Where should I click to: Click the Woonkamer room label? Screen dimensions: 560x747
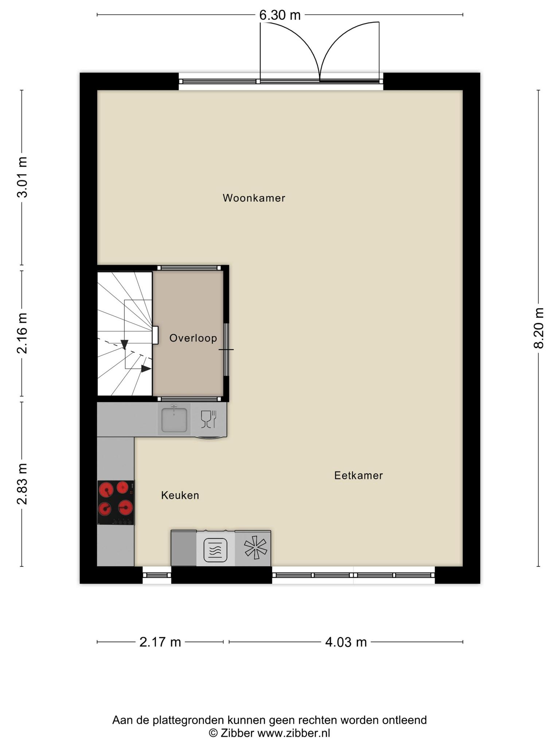click(x=254, y=198)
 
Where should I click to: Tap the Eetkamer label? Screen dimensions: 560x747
click(x=358, y=476)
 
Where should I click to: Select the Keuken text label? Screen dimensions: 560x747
click(x=180, y=495)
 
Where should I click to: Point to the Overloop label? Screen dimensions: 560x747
click(x=193, y=338)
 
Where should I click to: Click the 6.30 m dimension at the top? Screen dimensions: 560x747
click(x=280, y=15)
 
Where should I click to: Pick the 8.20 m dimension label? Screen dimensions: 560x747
click(x=539, y=328)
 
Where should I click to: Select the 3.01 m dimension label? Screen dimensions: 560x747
click(x=22, y=177)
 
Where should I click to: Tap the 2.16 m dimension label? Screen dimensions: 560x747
click(x=22, y=333)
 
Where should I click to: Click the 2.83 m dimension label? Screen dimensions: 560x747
click(x=22, y=484)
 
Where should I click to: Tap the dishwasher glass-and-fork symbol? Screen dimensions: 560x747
click(x=209, y=419)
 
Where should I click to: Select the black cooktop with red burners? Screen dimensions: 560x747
click(x=116, y=503)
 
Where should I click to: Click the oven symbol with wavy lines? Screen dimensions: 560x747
click(x=215, y=550)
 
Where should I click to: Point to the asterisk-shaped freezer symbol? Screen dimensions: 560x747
click(x=256, y=548)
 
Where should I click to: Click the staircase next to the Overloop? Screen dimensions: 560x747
click(x=125, y=334)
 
